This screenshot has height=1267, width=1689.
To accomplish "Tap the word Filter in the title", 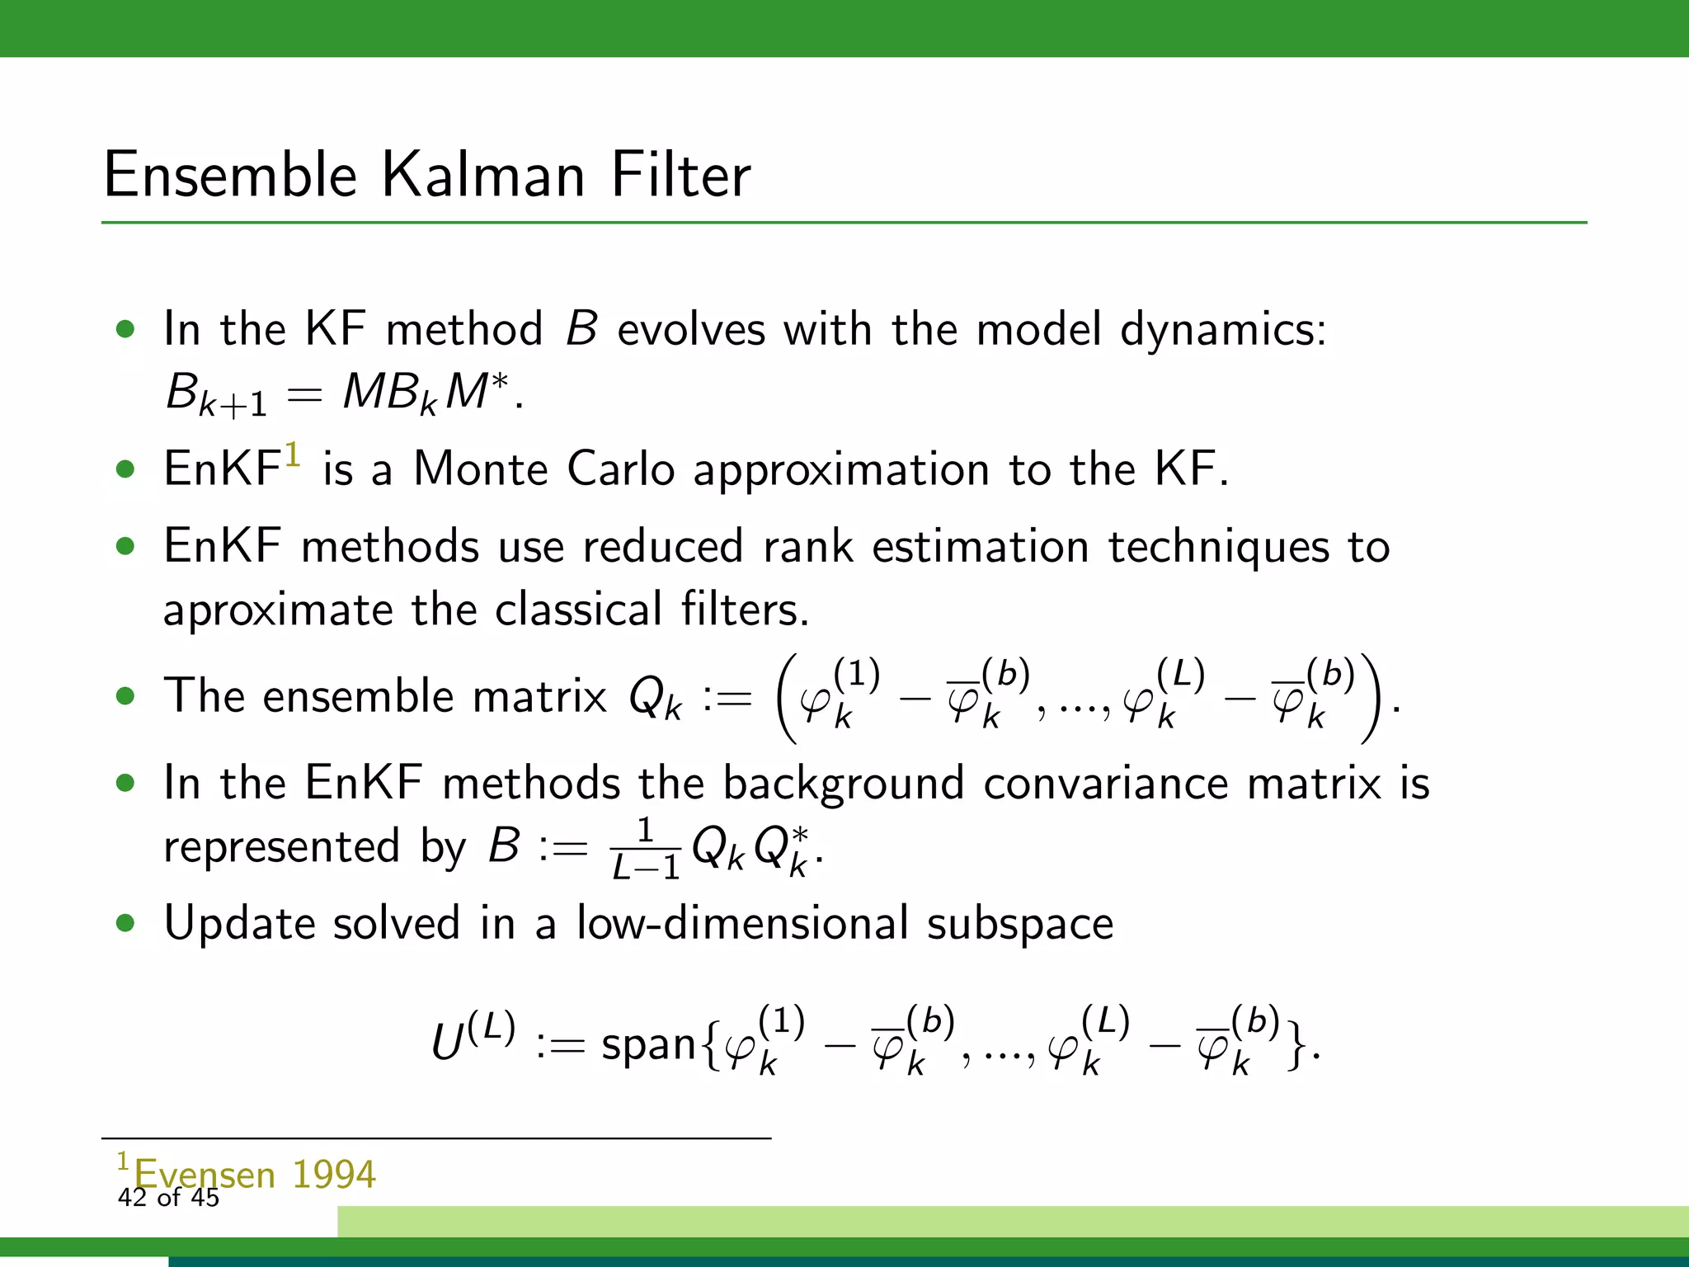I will (x=680, y=175).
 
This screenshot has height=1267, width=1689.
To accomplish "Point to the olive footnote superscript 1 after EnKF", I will (x=292, y=455).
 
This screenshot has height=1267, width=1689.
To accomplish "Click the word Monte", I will (x=480, y=469).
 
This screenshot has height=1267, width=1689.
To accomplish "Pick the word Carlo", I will (x=621, y=469).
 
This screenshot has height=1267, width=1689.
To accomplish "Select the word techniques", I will (x=1218, y=547).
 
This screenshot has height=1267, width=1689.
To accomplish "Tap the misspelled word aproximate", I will (x=278, y=610).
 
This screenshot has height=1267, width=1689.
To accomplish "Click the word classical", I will (x=578, y=609).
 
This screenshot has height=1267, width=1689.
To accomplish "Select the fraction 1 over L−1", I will (x=646, y=849).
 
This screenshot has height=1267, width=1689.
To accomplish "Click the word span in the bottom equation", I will (x=649, y=1044).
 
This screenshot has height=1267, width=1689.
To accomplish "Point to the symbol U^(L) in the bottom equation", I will (x=473, y=1038).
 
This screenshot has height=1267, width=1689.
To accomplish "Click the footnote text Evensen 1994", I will (x=254, y=1173).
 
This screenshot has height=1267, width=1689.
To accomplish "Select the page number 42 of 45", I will (x=168, y=1198).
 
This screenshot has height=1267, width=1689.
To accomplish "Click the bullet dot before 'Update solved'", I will (x=125, y=924).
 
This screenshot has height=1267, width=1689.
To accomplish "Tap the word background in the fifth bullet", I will (x=843, y=783).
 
